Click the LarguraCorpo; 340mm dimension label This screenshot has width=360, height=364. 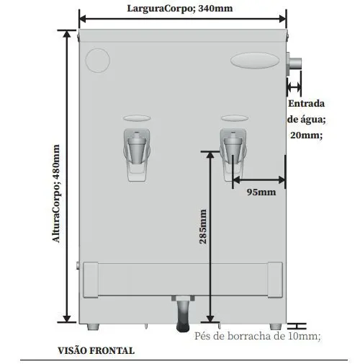click(x=180, y=9)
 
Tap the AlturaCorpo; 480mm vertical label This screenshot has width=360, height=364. click(x=55, y=193)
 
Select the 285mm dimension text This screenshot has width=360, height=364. click(x=203, y=226)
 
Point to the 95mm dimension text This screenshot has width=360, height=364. click(x=261, y=192)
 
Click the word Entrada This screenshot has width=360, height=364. click(x=306, y=104)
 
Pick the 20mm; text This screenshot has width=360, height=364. click(x=307, y=135)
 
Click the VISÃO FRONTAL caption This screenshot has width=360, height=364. click(x=96, y=350)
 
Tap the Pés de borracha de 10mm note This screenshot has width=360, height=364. click(x=257, y=336)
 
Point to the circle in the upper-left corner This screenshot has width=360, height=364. click(x=98, y=61)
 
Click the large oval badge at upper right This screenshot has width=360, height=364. click(x=255, y=61)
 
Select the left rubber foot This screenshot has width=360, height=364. click(x=93, y=327)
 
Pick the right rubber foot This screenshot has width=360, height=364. click(x=276, y=327)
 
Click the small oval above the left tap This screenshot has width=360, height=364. click(x=137, y=118)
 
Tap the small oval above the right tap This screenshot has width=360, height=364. click(x=235, y=118)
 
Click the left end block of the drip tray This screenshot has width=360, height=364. click(x=91, y=280)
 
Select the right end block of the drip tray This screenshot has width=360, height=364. click(x=275, y=280)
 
